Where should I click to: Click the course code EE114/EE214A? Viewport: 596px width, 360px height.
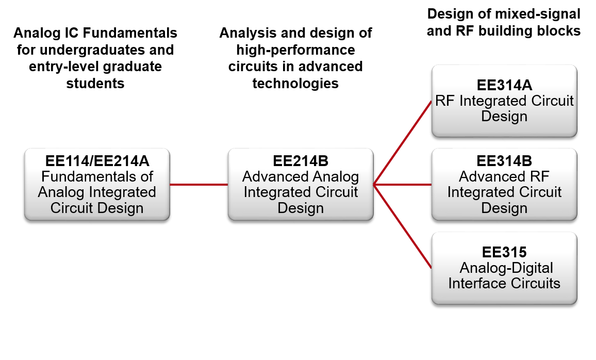(97, 161)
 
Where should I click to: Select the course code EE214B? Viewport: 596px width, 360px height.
(301, 161)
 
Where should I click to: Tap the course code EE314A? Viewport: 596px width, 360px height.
(504, 86)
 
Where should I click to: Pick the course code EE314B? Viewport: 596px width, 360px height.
(504, 161)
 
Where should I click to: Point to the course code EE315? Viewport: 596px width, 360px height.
(504, 252)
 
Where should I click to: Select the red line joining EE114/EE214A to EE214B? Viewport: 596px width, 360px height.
(198, 184)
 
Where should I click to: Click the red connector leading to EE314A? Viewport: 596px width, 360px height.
(402, 143)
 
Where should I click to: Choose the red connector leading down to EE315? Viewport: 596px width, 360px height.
(402, 226)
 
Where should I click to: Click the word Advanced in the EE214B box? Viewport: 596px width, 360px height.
(270, 177)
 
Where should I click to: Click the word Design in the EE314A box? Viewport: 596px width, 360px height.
(504, 117)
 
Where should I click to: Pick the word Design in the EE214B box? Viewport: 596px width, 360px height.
(301, 208)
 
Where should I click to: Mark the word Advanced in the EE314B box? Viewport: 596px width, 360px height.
(490, 177)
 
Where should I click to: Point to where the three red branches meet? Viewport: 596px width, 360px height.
(374, 184)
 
